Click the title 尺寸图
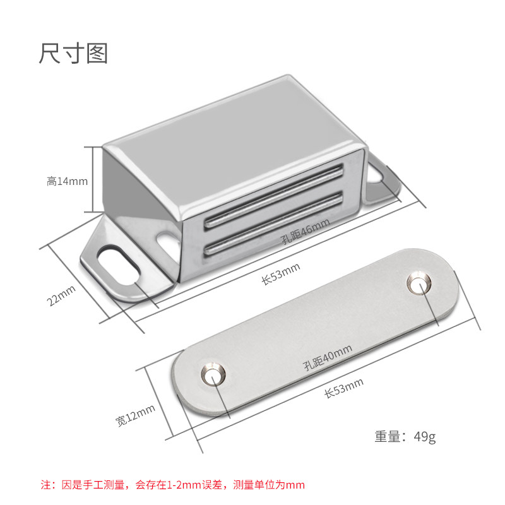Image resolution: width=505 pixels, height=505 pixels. tap(73, 53)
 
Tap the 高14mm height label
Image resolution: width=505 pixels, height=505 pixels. tap(67, 181)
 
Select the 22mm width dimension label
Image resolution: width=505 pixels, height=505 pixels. tap(62, 295)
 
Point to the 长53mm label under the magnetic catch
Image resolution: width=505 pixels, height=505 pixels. tap(281, 275)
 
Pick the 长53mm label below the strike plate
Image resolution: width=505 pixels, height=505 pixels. tap(343, 388)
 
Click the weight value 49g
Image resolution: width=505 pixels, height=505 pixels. tap(425, 436)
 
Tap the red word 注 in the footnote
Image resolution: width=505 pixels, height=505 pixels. tap(46, 485)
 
